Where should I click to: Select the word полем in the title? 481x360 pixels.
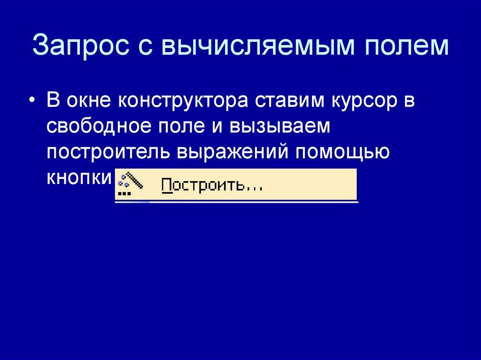[401, 46]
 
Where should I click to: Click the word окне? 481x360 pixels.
[87, 102]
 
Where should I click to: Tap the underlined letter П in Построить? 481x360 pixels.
[167, 185]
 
